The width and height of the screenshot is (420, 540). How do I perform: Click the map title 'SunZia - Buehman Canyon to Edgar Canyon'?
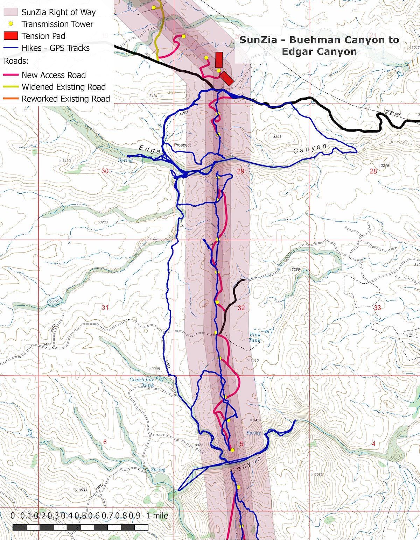pos(319,45)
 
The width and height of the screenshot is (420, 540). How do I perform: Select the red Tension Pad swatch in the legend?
pos(10,36)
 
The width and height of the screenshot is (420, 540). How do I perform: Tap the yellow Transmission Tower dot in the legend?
pos(11,24)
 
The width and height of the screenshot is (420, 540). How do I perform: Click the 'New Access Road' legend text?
pos(54,75)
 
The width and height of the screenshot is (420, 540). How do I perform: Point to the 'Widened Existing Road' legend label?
pos(63,87)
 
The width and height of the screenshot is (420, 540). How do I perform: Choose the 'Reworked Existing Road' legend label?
pos(66,99)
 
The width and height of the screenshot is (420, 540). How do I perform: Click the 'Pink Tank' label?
pos(255,337)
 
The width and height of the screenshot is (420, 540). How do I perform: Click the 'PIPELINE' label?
pos(393,113)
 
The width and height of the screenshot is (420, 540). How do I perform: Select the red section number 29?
pos(240,171)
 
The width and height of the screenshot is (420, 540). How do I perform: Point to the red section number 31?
pos(105,307)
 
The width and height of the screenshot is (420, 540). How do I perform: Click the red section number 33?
pos(377,308)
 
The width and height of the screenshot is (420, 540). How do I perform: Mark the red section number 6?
pos(105,442)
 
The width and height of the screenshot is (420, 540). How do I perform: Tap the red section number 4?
pos(373,444)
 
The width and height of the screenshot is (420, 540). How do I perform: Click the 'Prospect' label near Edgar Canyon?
pos(182,145)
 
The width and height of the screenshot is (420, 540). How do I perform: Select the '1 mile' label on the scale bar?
pos(157,516)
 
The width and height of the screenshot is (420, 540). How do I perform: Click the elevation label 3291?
pos(276,137)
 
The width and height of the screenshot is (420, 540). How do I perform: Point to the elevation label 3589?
pos(318,475)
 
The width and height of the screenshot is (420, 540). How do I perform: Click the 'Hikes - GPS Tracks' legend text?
pos(55,48)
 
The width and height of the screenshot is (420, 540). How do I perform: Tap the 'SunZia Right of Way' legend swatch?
pos(10,12)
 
